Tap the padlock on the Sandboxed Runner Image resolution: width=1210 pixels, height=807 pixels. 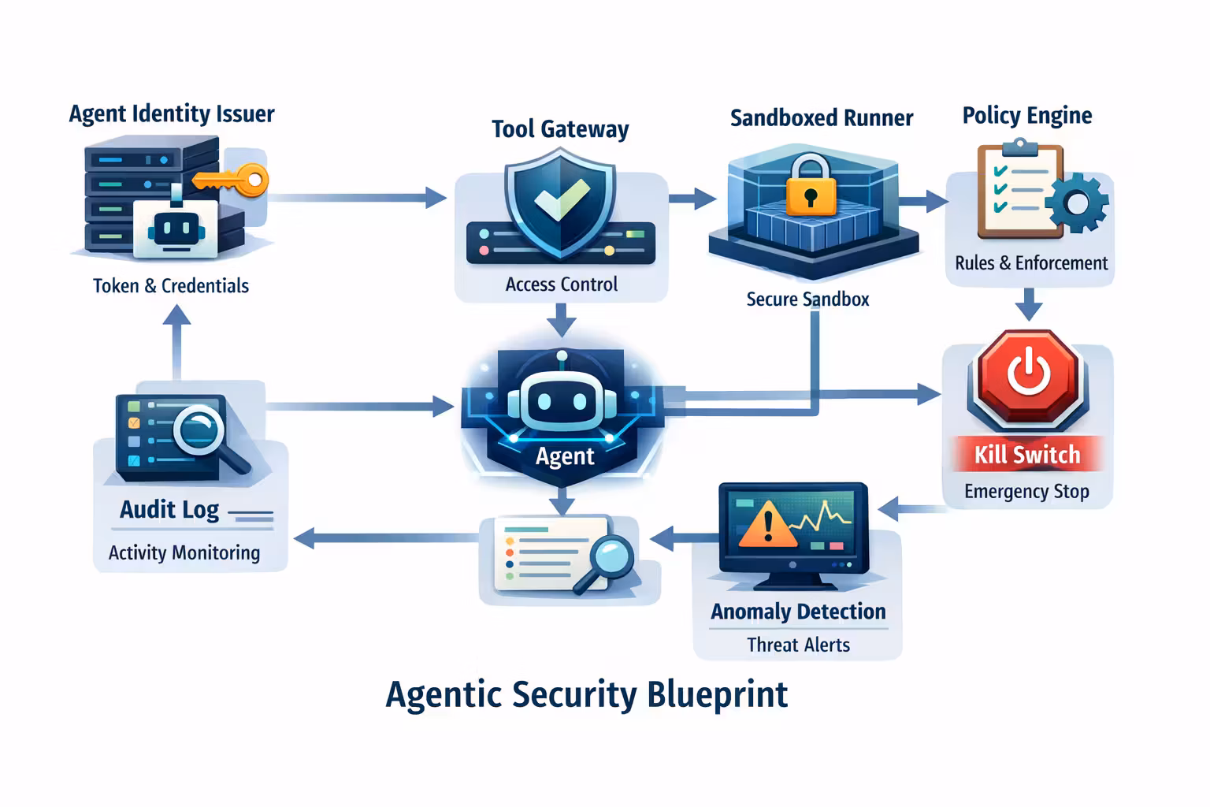click(811, 186)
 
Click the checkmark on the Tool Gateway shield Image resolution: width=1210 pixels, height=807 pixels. click(560, 200)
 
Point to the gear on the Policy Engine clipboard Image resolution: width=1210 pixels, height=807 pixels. click(1077, 203)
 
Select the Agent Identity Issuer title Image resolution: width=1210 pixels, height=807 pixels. click(172, 114)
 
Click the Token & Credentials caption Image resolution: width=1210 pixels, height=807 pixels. click(171, 286)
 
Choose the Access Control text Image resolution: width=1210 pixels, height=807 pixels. click(561, 284)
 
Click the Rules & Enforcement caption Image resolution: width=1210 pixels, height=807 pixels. click(1030, 263)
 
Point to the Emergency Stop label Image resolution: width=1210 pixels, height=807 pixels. click(1026, 492)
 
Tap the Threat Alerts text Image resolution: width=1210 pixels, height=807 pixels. click(798, 645)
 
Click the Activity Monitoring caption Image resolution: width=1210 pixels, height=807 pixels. click(184, 553)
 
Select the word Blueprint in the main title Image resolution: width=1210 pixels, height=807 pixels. click(717, 695)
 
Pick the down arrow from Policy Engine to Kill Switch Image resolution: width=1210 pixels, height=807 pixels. click(1028, 304)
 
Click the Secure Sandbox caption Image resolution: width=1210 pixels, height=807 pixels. click(807, 299)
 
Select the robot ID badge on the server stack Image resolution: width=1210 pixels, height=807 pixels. click(174, 229)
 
